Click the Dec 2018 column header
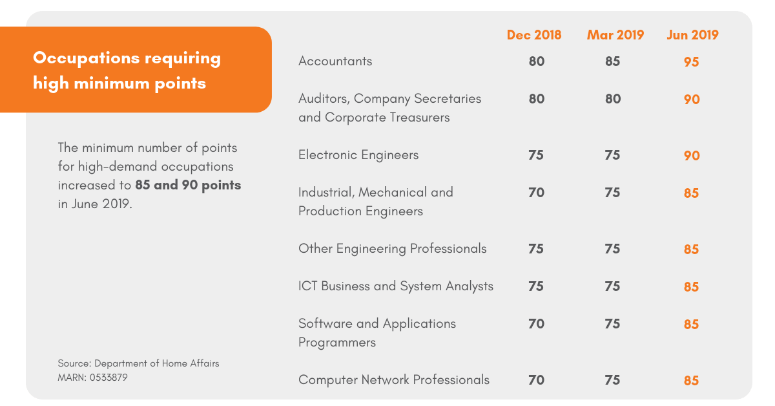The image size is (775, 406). click(x=533, y=35)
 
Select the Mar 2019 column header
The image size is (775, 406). click(x=615, y=35)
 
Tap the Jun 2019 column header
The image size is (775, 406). click(x=692, y=35)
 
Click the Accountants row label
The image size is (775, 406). click(x=335, y=61)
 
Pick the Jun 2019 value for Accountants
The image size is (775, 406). click(x=691, y=62)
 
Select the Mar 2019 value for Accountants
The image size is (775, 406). click(x=612, y=61)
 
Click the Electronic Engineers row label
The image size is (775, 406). click(x=358, y=155)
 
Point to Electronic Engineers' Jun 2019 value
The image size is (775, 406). click(x=691, y=156)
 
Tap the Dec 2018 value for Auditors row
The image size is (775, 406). click(x=536, y=99)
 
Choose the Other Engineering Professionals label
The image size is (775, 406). click(x=392, y=249)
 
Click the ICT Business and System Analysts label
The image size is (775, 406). click(x=395, y=286)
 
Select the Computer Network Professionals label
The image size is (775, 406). click(x=393, y=380)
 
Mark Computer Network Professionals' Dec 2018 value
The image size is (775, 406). click(x=536, y=380)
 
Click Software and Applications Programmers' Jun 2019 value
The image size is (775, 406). click(x=691, y=325)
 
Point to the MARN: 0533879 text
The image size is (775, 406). click(x=92, y=377)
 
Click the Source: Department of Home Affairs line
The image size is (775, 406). click(x=138, y=363)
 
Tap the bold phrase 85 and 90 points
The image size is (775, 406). click(x=188, y=186)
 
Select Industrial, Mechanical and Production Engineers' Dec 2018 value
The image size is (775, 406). click(x=536, y=193)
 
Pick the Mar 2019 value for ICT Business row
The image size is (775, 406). click(x=612, y=286)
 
